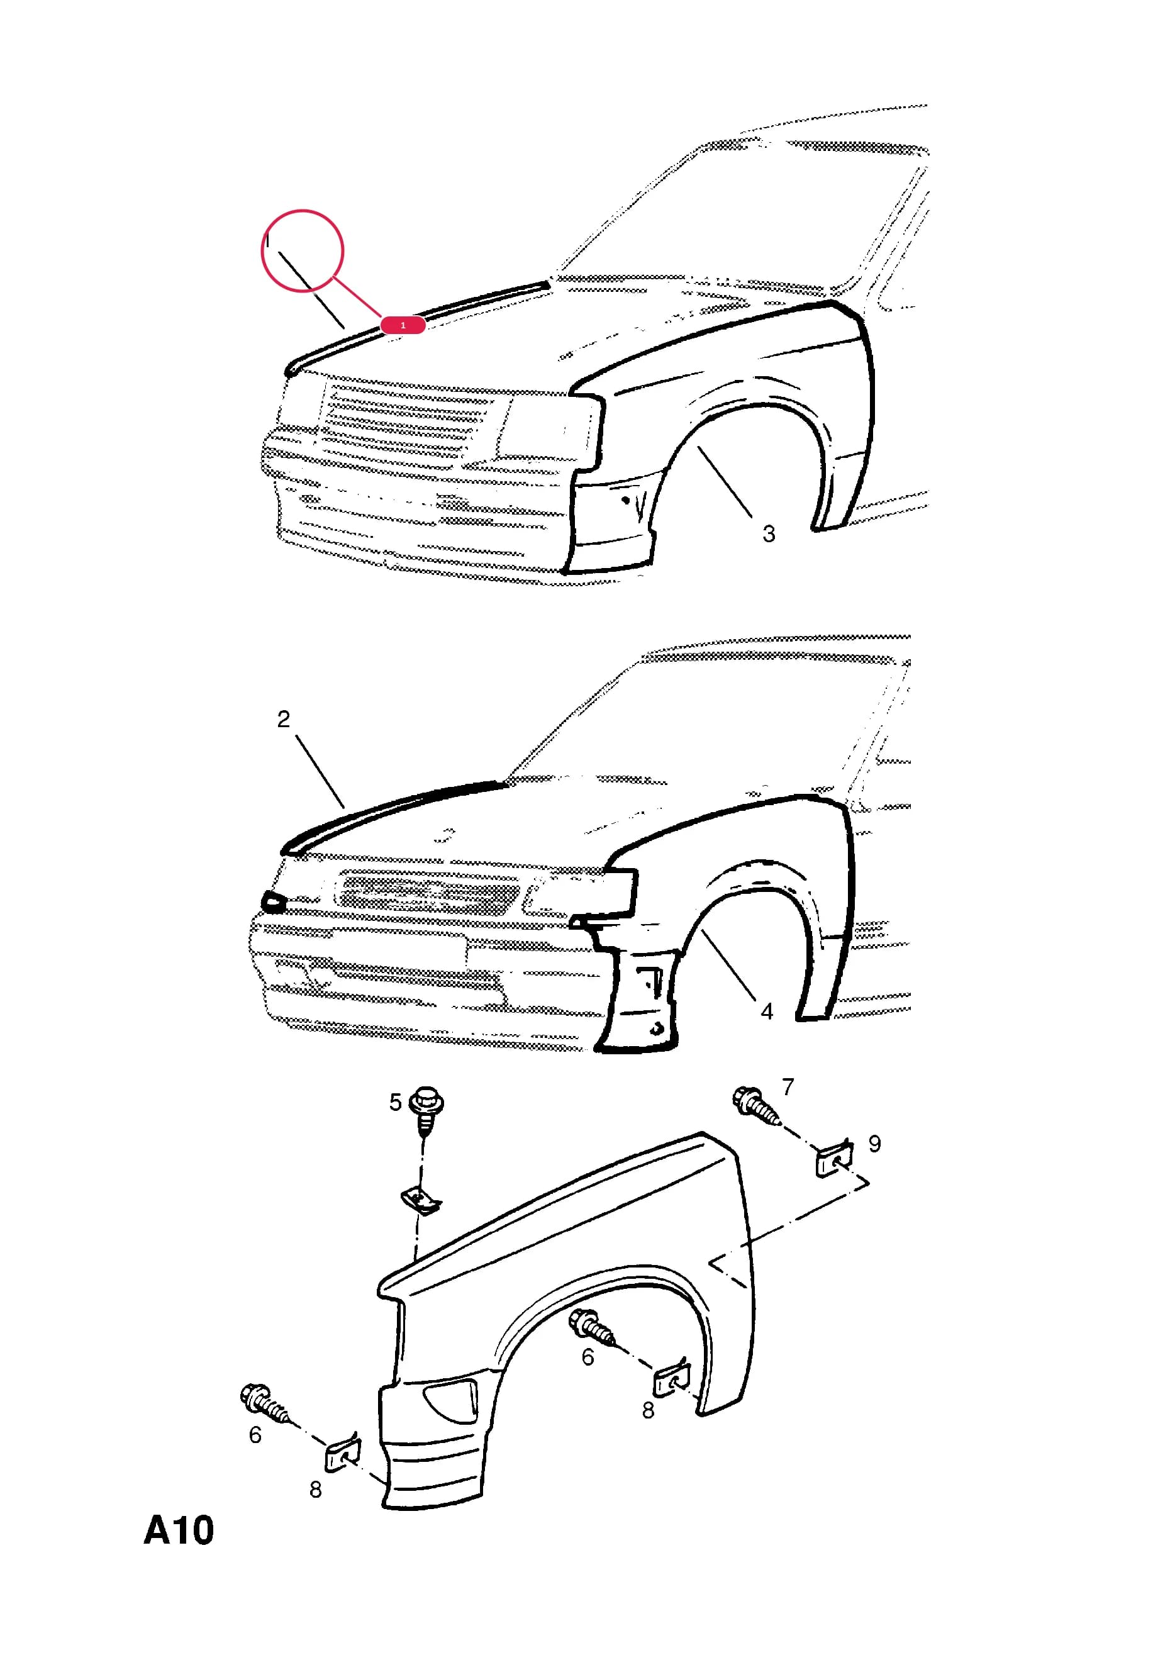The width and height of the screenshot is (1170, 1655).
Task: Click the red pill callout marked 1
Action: pos(403,325)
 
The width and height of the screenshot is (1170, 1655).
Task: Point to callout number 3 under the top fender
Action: pos(769,534)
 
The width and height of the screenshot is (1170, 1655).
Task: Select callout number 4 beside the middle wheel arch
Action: pos(767,1012)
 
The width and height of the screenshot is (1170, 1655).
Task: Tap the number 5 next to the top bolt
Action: pos(395,1102)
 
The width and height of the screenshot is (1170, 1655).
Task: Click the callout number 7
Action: pos(788,1086)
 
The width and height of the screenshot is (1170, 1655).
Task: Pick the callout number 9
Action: pos(874,1144)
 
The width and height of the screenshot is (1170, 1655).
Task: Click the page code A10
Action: pos(179,1530)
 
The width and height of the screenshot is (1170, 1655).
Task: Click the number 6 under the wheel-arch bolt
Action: pos(588,1357)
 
